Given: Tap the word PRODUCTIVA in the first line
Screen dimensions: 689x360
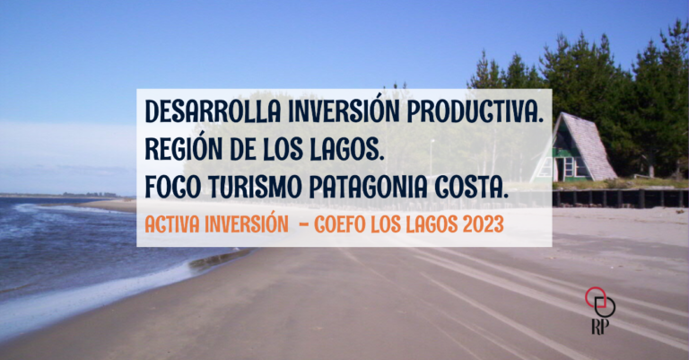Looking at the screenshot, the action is pos(475,111).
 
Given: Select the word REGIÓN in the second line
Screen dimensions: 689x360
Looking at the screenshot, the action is pos(184,149).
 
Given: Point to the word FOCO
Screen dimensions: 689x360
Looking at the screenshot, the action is pos(173,188).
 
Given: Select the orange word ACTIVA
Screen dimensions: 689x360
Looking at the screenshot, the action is pos(172,224).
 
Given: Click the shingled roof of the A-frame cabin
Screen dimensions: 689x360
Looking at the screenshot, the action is pos(589,145).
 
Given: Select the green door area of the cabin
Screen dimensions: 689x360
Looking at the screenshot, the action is pos(560,168).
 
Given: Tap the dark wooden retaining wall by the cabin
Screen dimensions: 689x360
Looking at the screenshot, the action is pos(620,198).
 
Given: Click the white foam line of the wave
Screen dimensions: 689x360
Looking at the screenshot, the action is pos(88,294).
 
